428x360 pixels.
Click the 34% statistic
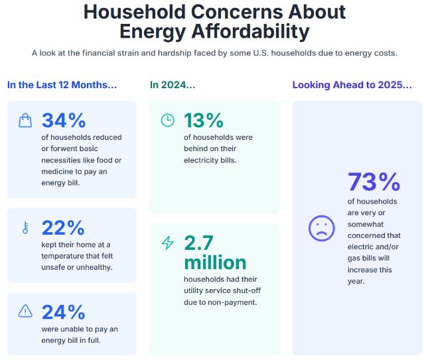[64, 120]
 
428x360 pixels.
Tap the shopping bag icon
[25, 120]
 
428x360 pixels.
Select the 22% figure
[63, 227]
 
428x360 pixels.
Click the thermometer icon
[25, 227]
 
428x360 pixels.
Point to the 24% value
[63, 312]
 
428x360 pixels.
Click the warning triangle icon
[25, 311]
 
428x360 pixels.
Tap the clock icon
[168, 120]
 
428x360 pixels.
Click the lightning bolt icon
[168, 243]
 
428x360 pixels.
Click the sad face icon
[321, 228]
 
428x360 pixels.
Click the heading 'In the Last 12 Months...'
[62, 85]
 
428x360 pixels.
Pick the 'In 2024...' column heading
[173, 85]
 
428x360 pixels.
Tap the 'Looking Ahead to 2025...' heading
[352, 85]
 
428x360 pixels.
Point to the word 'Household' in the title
[137, 11]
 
